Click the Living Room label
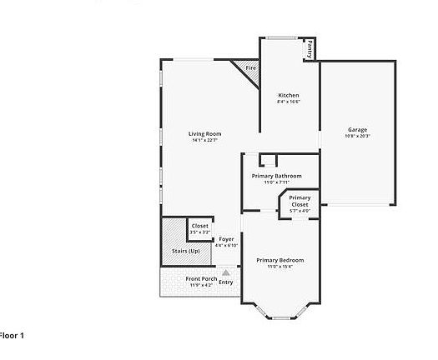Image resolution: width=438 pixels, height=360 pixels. click(x=204, y=133)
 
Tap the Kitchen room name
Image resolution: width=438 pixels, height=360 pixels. click(x=289, y=95)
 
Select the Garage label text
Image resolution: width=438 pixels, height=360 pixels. click(x=358, y=129)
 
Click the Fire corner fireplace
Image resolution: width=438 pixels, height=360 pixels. click(x=249, y=68)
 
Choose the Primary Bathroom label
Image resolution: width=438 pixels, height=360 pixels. click(x=276, y=176)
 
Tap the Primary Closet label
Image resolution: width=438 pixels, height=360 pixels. click(x=300, y=201)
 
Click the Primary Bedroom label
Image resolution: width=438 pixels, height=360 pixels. click(x=279, y=260)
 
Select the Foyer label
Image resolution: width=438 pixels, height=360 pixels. click(x=226, y=239)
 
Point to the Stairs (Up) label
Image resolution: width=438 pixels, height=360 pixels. click(x=185, y=251)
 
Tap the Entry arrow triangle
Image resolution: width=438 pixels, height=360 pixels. click(x=225, y=272)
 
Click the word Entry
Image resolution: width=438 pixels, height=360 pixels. click(x=225, y=282)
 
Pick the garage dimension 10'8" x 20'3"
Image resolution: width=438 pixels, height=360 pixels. click(x=358, y=136)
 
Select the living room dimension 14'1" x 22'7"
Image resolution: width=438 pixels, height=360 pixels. click(x=204, y=140)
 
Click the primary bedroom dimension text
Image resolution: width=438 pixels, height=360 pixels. click(x=279, y=267)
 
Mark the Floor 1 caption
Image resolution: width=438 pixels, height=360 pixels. click(x=12, y=335)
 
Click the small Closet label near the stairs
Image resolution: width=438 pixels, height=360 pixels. click(x=200, y=226)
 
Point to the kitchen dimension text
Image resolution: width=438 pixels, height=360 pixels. click(x=289, y=102)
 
